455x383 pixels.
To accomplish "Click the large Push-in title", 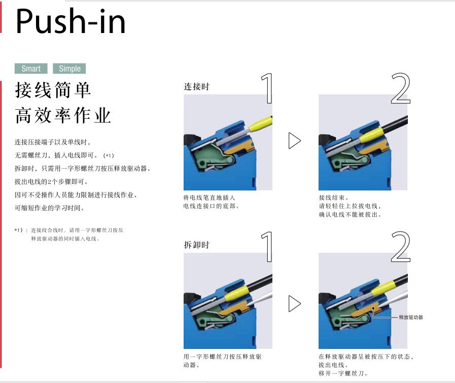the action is (x=71, y=21).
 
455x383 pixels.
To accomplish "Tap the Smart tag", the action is (x=31, y=69).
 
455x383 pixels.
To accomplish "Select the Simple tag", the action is (x=69, y=69).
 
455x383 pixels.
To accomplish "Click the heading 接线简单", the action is (x=53, y=90).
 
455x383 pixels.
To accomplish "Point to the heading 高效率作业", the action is (x=63, y=115).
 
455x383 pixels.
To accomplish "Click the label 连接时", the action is (x=196, y=86).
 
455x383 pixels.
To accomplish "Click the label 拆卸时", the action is (x=196, y=245).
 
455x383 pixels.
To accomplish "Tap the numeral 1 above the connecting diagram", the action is (x=267, y=88).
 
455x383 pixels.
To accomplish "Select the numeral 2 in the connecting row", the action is (x=400, y=88).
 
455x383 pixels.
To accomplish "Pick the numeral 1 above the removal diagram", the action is (x=267, y=247).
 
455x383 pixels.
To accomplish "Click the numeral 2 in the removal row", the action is (x=400, y=247).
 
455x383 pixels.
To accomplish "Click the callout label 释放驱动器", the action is (x=410, y=317).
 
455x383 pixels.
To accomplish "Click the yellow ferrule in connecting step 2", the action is (x=371, y=134).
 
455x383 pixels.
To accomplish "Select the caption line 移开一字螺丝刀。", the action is (x=343, y=373).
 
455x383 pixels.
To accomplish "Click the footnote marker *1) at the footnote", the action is (x=19, y=231).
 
